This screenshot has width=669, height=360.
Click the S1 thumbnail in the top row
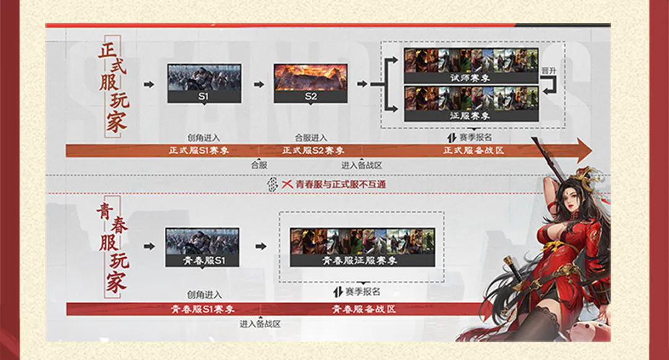(204, 84)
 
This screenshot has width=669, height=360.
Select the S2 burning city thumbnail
(310, 84)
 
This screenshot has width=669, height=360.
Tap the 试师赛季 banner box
(471, 66)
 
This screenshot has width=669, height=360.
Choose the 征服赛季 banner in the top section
(471, 103)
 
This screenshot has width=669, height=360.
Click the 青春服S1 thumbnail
(202, 247)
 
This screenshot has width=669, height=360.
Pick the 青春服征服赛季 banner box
(362, 247)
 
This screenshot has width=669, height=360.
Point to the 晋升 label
(549, 71)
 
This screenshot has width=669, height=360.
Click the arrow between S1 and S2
(258, 84)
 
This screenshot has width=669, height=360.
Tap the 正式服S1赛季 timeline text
(199, 151)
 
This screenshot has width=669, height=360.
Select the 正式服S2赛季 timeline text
(313, 151)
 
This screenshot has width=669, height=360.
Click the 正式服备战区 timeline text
(474, 151)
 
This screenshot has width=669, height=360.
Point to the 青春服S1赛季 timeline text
(203, 309)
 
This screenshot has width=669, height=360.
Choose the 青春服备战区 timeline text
(364, 309)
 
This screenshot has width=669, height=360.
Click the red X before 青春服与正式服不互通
(287, 184)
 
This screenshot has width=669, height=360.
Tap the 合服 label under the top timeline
(259, 165)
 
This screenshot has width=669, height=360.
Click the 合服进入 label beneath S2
(311, 138)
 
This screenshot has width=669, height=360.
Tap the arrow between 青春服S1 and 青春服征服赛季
(261, 247)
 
